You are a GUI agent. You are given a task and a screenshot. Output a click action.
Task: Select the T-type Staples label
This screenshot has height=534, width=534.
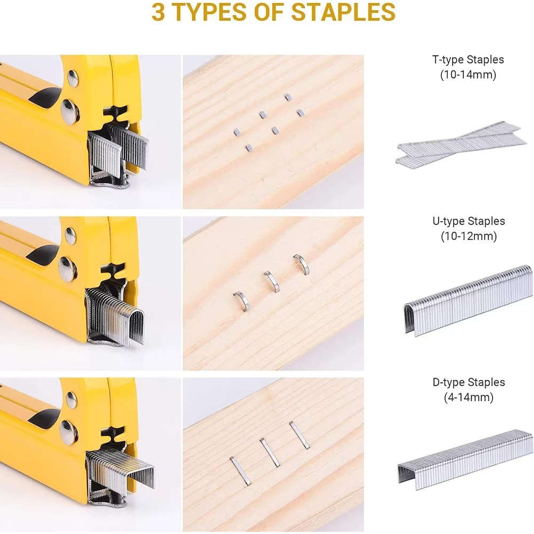point(468,60)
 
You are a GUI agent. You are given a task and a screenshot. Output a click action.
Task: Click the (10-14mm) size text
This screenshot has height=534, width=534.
point(468,75)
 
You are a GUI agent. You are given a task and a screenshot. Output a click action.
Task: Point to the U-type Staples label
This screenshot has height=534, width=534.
point(468,221)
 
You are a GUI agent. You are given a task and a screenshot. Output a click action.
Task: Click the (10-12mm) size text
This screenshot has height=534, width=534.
point(468,236)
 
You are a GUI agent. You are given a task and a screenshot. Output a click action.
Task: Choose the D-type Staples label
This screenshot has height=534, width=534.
point(468,382)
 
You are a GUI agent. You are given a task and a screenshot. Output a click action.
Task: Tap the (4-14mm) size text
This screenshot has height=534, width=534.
point(468,397)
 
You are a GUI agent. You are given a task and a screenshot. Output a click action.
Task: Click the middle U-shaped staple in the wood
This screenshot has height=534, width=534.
point(271,281)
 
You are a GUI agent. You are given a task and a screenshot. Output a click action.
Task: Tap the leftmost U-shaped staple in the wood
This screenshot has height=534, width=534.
point(241,301)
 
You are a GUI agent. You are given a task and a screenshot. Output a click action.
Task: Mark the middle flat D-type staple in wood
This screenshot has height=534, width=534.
point(270,452)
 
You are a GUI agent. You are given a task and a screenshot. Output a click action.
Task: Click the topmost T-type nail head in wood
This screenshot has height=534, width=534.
point(287,97)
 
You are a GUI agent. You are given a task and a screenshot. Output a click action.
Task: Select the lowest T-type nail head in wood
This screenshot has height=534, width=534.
point(248,147)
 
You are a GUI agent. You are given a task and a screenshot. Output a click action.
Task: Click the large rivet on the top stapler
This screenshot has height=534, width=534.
point(69,112)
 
